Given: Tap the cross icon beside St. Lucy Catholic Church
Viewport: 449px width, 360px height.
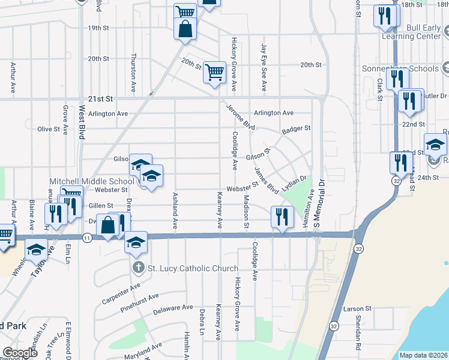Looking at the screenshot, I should (x=137, y=268).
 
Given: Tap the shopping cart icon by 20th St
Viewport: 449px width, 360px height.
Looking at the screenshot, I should (x=214, y=73).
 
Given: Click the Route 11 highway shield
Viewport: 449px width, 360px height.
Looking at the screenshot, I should (x=88, y=239).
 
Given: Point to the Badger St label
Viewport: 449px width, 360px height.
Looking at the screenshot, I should (x=296, y=128).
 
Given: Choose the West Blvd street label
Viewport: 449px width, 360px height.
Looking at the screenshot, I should (x=81, y=122).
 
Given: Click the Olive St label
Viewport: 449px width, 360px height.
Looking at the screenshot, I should (x=49, y=129).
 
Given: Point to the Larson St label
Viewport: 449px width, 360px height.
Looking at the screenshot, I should (x=354, y=309).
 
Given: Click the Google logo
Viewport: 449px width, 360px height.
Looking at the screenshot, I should (x=20, y=353).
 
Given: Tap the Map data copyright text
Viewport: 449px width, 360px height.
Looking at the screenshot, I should (x=423, y=355).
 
